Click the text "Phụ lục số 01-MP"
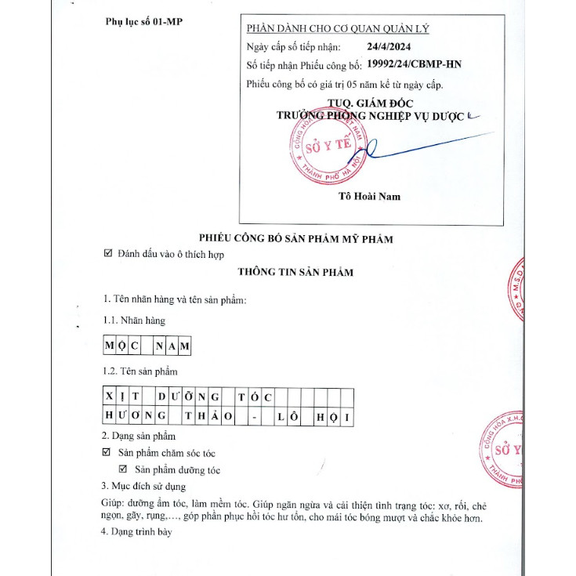143,21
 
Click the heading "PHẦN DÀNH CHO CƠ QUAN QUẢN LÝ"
349,29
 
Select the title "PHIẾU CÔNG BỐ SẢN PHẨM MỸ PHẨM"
296,238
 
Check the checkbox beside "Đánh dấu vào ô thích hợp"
108,253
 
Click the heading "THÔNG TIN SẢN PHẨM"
296,272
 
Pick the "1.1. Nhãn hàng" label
135,321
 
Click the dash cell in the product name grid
255,417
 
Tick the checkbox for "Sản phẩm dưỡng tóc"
122,469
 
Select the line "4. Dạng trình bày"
135,533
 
